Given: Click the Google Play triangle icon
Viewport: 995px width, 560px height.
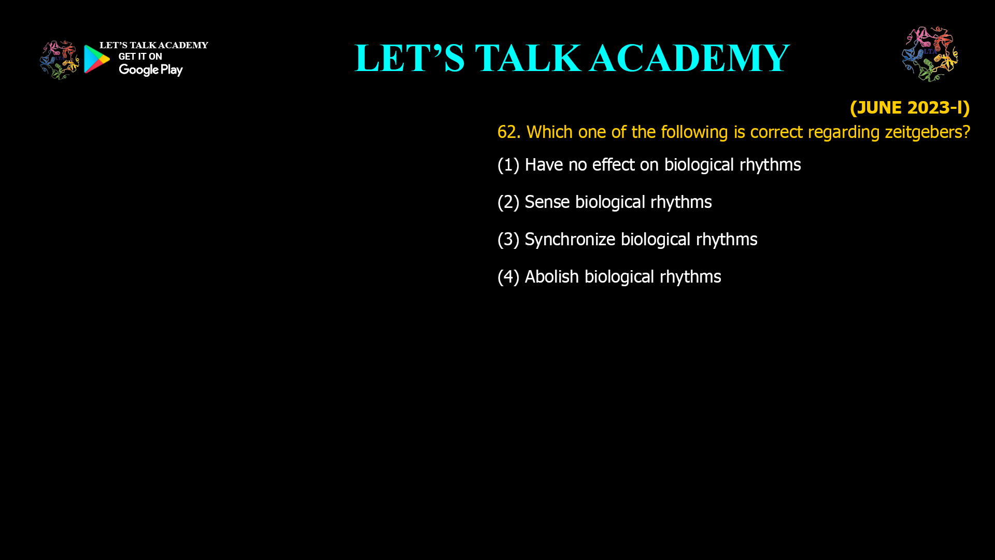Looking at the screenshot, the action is [96, 59].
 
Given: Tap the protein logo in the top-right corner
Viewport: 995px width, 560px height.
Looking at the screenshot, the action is [930, 54].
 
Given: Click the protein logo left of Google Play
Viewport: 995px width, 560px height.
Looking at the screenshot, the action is [60, 60].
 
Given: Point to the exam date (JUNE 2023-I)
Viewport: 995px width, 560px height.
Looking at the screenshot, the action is [909, 108].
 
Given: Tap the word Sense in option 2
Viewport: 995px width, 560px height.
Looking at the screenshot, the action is [547, 202].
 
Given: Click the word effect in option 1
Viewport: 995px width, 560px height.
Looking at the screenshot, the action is [614, 165].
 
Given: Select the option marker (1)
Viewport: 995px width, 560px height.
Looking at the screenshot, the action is [508, 165].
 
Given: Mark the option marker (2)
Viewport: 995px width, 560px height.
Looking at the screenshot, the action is [508, 202].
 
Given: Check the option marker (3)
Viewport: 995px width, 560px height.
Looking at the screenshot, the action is [508, 240].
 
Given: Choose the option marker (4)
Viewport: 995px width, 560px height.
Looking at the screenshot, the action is [508, 277].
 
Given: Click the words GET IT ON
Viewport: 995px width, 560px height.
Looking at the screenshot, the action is [140, 57].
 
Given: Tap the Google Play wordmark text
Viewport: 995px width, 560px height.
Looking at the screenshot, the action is [151, 70].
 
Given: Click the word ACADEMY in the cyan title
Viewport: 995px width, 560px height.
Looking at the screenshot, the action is [690, 58].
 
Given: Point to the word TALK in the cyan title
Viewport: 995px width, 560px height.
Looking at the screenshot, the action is [528, 58].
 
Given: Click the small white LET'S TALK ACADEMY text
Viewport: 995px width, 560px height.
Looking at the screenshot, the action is [154, 46].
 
